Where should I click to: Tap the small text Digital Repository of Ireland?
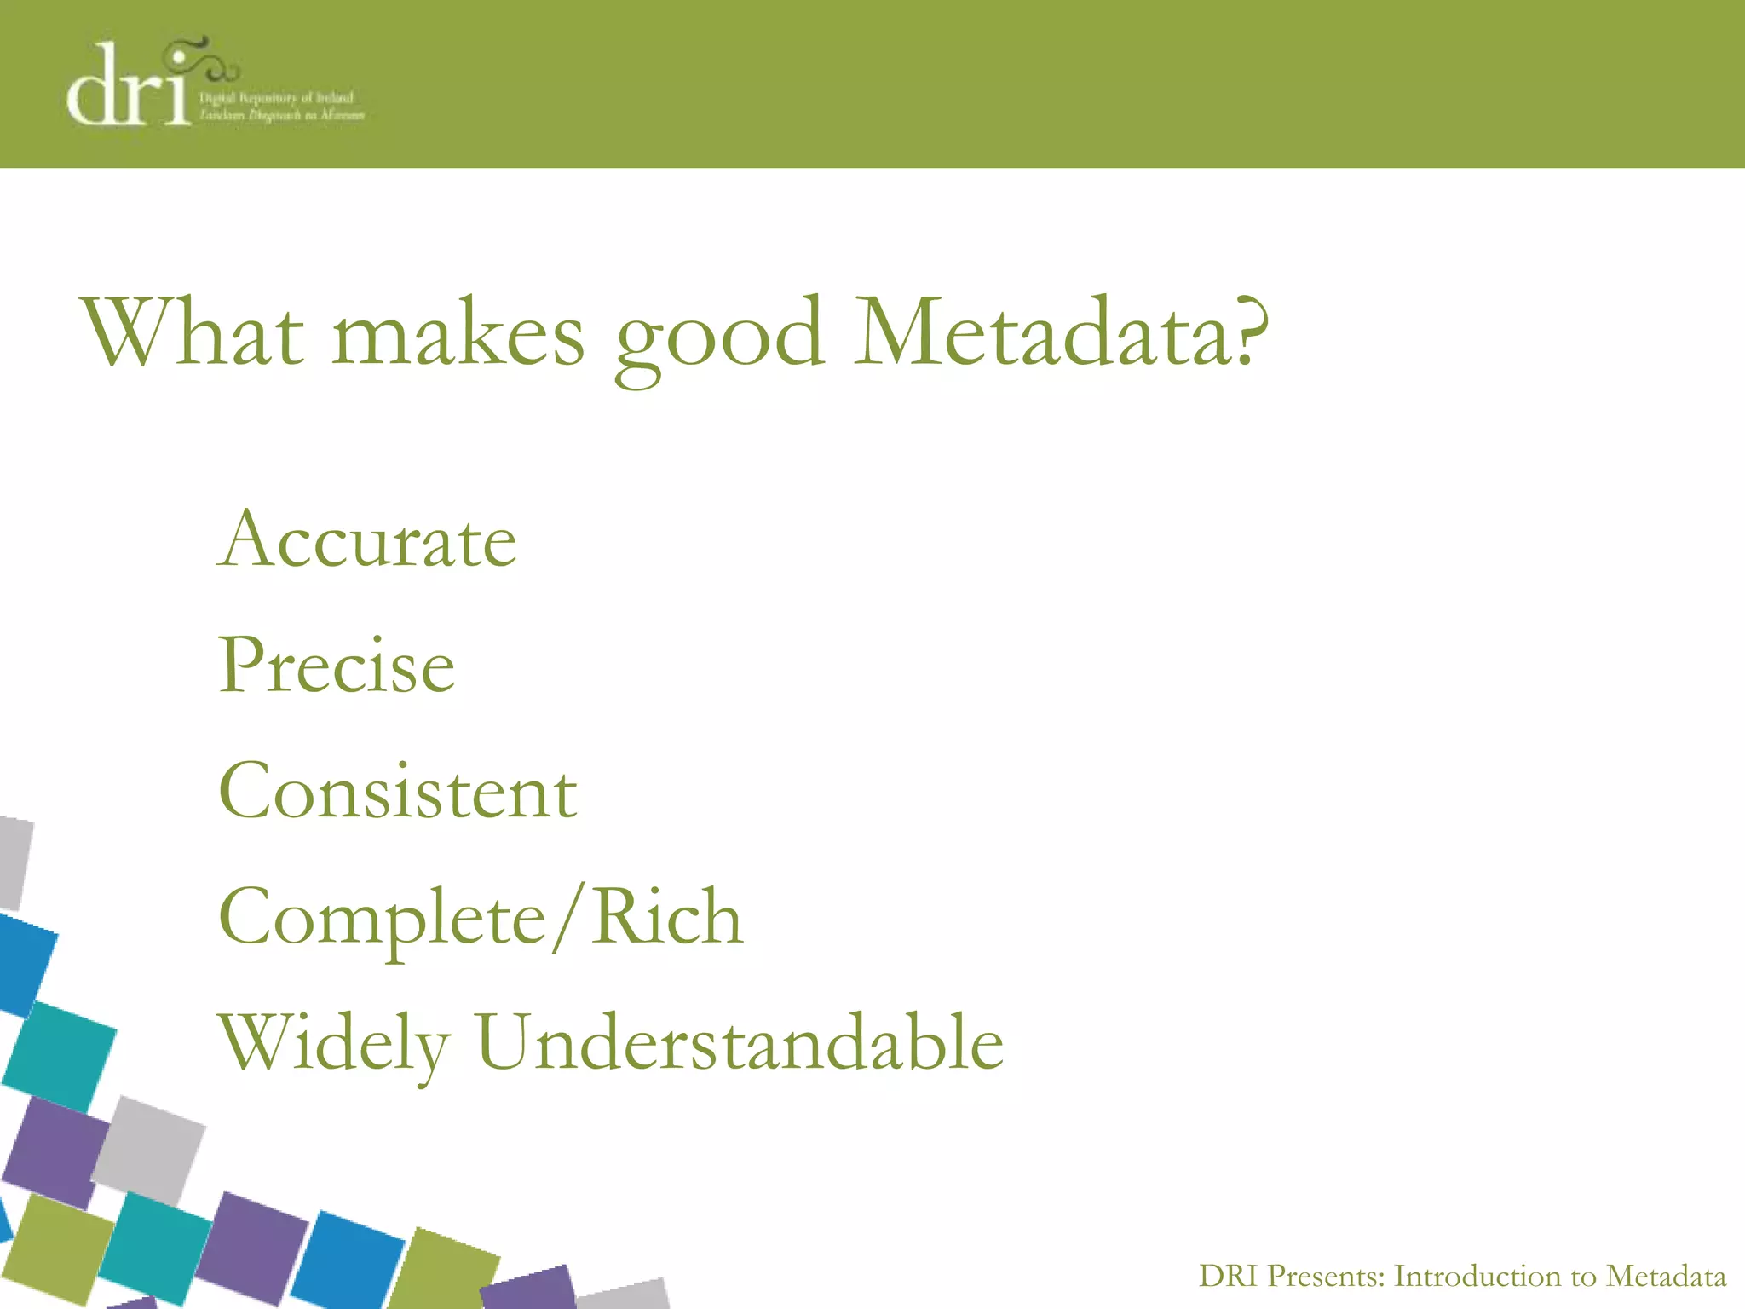(x=276, y=98)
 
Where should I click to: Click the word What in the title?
(x=193, y=332)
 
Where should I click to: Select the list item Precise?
(x=337, y=666)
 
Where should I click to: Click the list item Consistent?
(x=398, y=792)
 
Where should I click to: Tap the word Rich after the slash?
(x=667, y=917)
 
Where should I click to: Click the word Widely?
(x=334, y=1045)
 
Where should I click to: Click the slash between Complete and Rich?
(x=569, y=919)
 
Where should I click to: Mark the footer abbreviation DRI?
(x=1229, y=1276)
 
